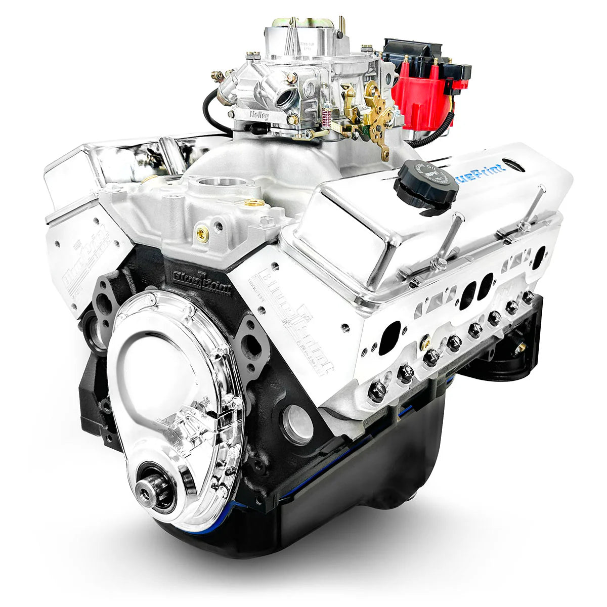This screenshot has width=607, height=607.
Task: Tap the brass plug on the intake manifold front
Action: coord(202,233)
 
